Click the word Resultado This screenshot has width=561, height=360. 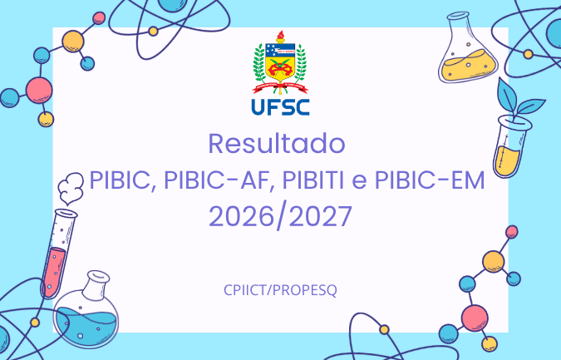277,144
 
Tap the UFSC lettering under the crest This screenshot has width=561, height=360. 281,107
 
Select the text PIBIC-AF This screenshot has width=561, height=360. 216,180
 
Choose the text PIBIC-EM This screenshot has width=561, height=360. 430,180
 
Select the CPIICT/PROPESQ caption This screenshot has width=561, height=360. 281,290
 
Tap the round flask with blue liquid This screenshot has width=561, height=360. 86,311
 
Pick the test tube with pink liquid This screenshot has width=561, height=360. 58,254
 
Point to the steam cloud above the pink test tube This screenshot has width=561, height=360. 71,188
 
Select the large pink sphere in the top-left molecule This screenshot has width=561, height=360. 39,91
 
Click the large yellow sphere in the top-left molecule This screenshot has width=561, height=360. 73,42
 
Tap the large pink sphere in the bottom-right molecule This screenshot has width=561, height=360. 475,318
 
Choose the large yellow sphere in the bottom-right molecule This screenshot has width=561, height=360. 494,262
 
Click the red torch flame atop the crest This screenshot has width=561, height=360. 281,35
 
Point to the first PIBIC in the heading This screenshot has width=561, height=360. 121,180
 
